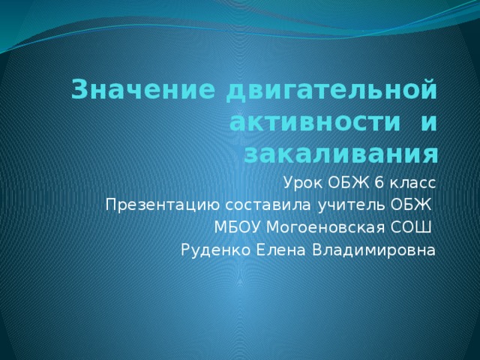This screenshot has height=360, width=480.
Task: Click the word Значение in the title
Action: (143, 90)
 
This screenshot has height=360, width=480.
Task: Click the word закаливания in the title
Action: (341, 155)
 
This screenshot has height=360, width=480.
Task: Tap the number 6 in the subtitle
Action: (379, 183)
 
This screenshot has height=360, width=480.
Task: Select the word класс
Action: (412, 184)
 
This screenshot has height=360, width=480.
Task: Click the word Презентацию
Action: (163, 205)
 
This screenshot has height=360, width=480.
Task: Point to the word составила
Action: (268, 205)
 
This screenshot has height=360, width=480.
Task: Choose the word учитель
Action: (351, 205)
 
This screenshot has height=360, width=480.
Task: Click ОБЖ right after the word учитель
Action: (410, 205)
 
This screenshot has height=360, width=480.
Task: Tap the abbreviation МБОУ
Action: (238, 227)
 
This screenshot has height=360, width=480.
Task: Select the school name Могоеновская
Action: (325, 228)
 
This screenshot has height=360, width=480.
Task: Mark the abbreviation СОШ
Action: (410, 227)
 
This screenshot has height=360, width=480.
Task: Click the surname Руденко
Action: (216, 250)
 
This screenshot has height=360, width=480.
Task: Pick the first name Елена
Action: (280, 250)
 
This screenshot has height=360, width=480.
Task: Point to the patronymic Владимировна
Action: (373, 250)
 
